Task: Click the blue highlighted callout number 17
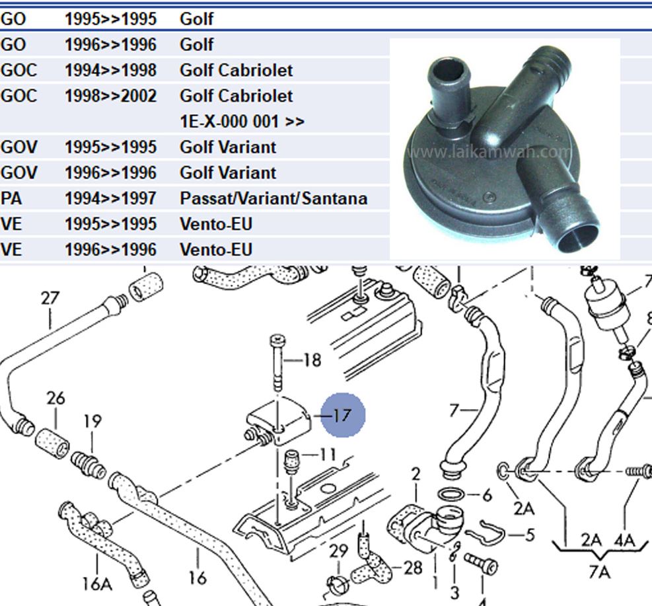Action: (342, 415)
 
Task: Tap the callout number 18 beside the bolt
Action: (312, 360)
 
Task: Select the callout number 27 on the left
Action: (50, 298)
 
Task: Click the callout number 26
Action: (56, 398)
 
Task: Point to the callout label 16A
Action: (97, 584)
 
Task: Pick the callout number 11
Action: (327, 455)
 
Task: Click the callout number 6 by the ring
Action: (488, 494)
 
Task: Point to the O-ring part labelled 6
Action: (451, 494)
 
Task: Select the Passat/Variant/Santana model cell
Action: (273, 198)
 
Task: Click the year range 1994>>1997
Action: (110, 198)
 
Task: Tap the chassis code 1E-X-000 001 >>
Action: (242, 122)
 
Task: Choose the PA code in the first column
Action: (11, 198)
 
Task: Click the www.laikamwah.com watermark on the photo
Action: (489, 152)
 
